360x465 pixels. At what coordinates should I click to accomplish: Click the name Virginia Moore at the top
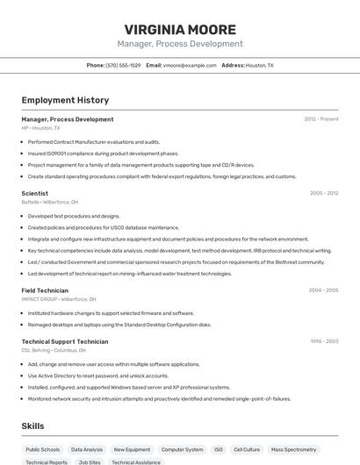click(180, 29)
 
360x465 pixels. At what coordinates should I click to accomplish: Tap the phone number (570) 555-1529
click(123, 65)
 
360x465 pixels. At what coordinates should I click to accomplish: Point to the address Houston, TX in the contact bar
click(259, 65)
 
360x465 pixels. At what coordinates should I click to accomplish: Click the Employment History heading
click(65, 100)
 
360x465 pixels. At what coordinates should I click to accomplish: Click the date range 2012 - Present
click(321, 119)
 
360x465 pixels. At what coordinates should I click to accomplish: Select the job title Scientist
click(35, 193)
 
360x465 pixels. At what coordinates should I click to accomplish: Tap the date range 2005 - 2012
click(324, 193)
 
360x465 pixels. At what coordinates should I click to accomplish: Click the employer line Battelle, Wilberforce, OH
click(50, 202)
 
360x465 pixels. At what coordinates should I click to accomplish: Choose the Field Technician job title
click(45, 290)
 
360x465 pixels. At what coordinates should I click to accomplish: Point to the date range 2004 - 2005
click(323, 290)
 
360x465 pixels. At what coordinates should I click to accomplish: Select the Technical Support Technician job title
click(65, 341)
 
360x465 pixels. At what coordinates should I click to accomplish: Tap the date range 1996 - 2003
click(324, 341)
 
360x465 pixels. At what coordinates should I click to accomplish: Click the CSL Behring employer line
click(54, 350)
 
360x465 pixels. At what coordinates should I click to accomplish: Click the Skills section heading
click(33, 426)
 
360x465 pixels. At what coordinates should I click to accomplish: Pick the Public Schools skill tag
click(43, 449)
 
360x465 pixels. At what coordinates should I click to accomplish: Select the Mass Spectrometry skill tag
click(293, 449)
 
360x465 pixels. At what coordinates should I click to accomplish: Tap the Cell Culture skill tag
click(247, 449)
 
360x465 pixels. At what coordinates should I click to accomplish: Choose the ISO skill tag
click(219, 449)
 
